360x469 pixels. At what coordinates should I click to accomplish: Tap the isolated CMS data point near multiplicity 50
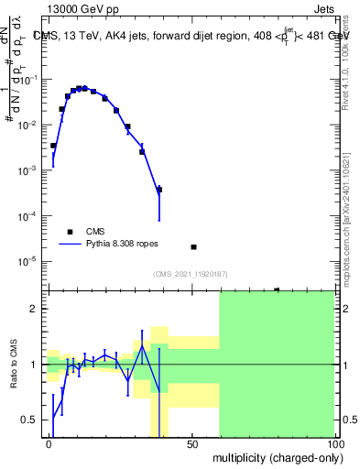[x=193, y=247]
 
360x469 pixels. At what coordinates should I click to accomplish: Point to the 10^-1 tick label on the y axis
[x=31, y=81]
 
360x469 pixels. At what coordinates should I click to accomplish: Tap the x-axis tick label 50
[x=192, y=443]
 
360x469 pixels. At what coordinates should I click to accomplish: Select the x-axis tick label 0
[x=49, y=443]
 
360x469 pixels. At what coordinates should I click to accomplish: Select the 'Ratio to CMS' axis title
[x=14, y=364]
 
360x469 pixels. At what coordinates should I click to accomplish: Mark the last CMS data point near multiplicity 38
[x=159, y=190]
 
